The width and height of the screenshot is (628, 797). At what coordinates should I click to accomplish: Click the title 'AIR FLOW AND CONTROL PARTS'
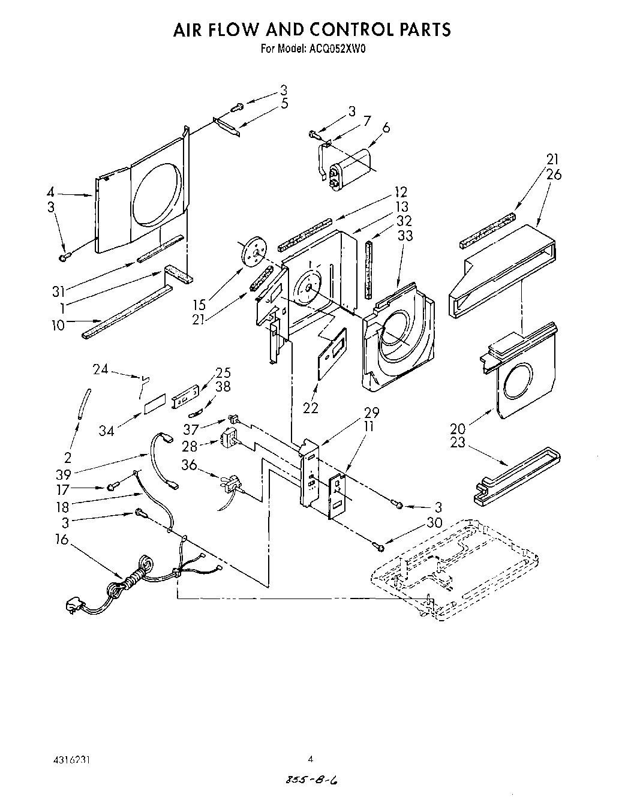(312, 29)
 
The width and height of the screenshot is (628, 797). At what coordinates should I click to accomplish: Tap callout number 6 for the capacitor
(386, 128)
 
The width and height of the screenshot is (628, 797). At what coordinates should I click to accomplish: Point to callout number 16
(62, 540)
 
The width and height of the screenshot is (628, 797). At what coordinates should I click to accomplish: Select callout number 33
(405, 236)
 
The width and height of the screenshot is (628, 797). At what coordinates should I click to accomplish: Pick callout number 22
(310, 408)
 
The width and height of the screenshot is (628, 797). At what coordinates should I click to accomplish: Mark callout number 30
(434, 523)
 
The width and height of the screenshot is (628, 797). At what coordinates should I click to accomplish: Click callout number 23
(458, 444)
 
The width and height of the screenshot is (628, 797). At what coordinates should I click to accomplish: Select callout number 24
(100, 369)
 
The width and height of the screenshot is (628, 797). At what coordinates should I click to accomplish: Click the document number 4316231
(70, 759)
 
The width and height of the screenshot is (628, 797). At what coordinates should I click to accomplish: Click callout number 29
(372, 413)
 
